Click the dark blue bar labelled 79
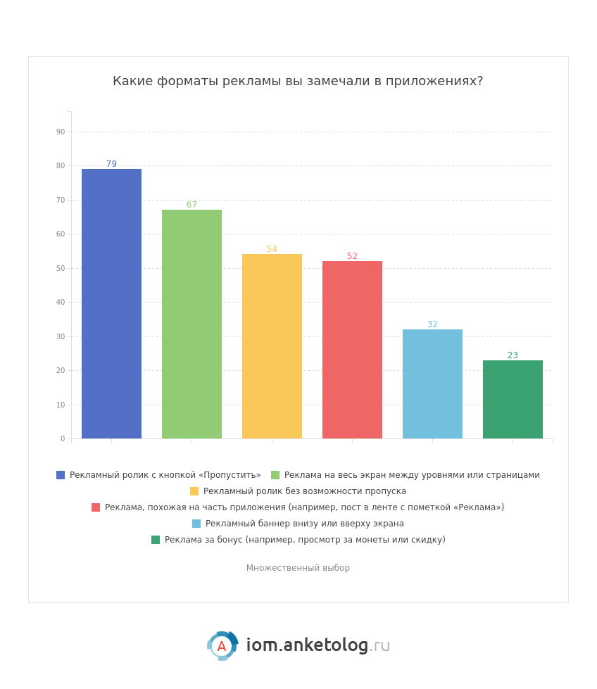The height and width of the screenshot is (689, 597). click(111, 303)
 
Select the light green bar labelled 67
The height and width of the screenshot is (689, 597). click(191, 324)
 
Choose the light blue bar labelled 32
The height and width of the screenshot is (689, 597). click(432, 384)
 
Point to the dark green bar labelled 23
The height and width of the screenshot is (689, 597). click(513, 399)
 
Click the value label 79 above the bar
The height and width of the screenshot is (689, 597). click(111, 164)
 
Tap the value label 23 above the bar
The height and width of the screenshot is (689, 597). click(513, 355)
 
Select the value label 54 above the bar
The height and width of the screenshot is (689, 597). click(272, 249)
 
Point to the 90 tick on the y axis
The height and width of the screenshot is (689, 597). click(61, 132)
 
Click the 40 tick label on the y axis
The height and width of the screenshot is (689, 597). click(61, 303)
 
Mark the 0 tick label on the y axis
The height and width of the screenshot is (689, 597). click(63, 439)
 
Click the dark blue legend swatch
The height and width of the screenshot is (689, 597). click(61, 475)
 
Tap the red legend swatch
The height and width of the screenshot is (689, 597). click(96, 507)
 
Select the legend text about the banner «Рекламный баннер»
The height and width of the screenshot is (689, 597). click(304, 524)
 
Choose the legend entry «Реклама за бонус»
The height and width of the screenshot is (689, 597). click(304, 540)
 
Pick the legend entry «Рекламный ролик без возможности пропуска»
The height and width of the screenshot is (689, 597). click(304, 491)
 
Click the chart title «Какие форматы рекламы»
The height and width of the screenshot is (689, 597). click(298, 82)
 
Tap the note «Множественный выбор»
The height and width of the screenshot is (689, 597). click(298, 568)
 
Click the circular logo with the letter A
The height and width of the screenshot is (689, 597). click(222, 646)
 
